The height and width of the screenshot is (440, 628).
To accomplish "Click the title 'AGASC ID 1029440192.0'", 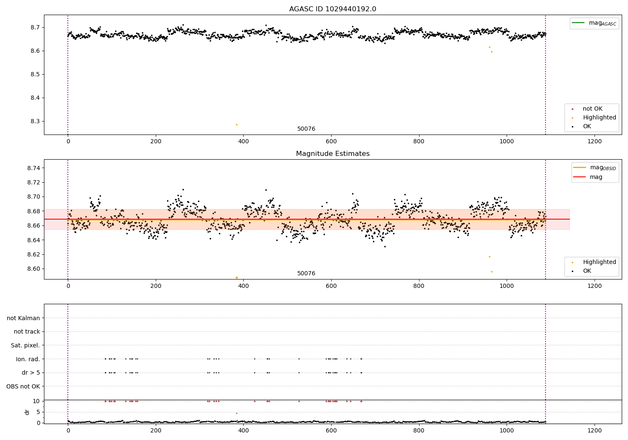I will (x=332, y=9).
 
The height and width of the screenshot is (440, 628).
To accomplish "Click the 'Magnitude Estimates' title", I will (x=332, y=154).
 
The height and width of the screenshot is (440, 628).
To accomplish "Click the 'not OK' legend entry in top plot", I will (x=592, y=109).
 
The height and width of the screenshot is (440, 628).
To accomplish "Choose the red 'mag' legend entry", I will (x=596, y=177).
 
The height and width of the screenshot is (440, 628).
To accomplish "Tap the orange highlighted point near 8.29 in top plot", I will (x=237, y=124).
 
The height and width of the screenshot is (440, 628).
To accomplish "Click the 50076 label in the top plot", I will (x=306, y=129).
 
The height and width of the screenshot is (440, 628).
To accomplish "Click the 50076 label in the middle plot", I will (x=306, y=274).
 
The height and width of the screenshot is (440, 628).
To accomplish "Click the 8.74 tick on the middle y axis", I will (x=33, y=168).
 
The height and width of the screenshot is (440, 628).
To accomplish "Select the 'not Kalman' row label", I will (x=23, y=318).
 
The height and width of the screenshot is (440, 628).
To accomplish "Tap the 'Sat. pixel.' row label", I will (x=25, y=345).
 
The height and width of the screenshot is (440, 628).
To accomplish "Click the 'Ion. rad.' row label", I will (x=28, y=359).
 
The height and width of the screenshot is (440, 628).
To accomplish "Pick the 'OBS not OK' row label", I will (x=23, y=386).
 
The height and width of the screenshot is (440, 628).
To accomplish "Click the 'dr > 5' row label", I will (x=31, y=373).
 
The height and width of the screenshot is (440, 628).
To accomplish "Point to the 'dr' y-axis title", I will (x=27, y=412).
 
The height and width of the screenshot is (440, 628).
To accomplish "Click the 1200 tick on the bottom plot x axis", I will (x=595, y=430).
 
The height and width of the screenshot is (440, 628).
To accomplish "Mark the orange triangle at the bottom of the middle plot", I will (x=237, y=278).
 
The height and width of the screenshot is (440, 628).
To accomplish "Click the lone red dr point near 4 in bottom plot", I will (x=237, y=413).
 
